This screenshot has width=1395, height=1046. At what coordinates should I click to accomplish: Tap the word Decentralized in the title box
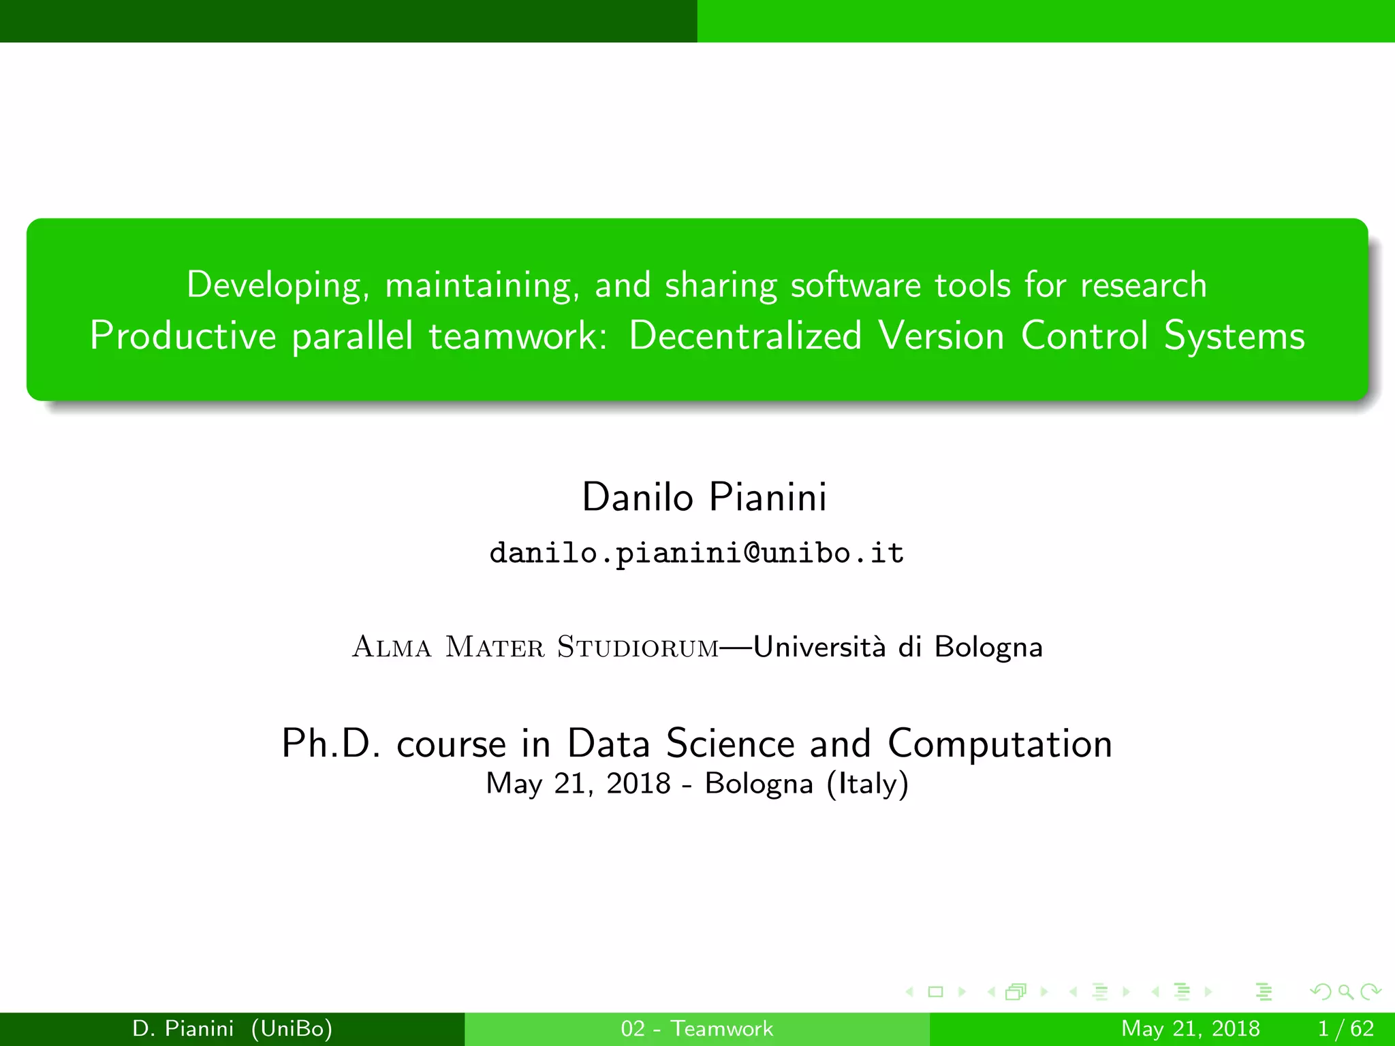pyautogui.click(x=745, y=336)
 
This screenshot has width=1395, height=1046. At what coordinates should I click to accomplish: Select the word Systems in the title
pyautogui.click(x=1234, y=336)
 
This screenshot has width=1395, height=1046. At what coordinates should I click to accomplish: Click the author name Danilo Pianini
pyautogui.click(x=704, y=496)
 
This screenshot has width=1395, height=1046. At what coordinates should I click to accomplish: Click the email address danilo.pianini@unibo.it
pyautogui.click(x=697, y=552)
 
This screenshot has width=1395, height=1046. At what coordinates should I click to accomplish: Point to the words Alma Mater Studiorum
pyautogui.click(x=535, y=647)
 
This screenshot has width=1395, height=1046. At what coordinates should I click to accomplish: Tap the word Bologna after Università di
pyautogui.click(x=988, y=647)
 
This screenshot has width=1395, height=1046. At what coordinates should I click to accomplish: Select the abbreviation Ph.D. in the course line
pyautogui.click(x=331, y=743)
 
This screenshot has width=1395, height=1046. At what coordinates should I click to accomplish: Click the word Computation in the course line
pyautogui.click(x=999, y=743)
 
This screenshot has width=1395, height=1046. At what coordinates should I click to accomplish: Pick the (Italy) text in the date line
pyautogui.click(x=867, y=784)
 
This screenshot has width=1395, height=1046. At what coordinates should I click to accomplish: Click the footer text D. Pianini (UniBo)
pyautogui.click(x=232, y=1028)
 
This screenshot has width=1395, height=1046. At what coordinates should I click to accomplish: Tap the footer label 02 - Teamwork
pyautogui.click(x=697, y=1028)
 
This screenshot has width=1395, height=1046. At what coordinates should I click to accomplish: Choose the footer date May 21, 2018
pyautogui.click(x=1190, y=1028)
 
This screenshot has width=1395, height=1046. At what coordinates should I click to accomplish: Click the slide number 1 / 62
pyautogui.click(x=1345, y=1028)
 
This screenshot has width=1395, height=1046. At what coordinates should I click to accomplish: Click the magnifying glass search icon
pyautogui.click(x=1346, y=992)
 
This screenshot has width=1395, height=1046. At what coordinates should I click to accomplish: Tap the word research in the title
pyautogui.click(x=1143, y=285)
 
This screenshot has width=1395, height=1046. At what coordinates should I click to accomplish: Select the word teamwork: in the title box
pyautogui.click(x=518, y=336)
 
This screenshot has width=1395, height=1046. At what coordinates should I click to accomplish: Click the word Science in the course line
pyautogui.click(x=730, y=743)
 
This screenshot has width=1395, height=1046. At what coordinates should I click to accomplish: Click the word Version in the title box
pyautogui.click(x=941, y=336)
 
